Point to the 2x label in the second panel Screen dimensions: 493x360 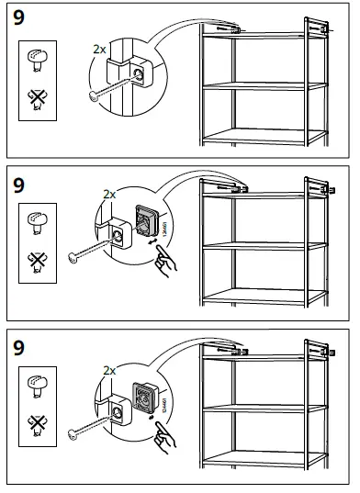click(x=109, y=195)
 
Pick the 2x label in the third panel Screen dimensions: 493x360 click(x=109, y=370)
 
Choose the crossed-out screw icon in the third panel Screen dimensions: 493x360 click(x=38, y=423)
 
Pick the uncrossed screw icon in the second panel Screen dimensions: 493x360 click(x=38, y=221)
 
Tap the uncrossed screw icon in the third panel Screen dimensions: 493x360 click(x=38, y=386)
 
